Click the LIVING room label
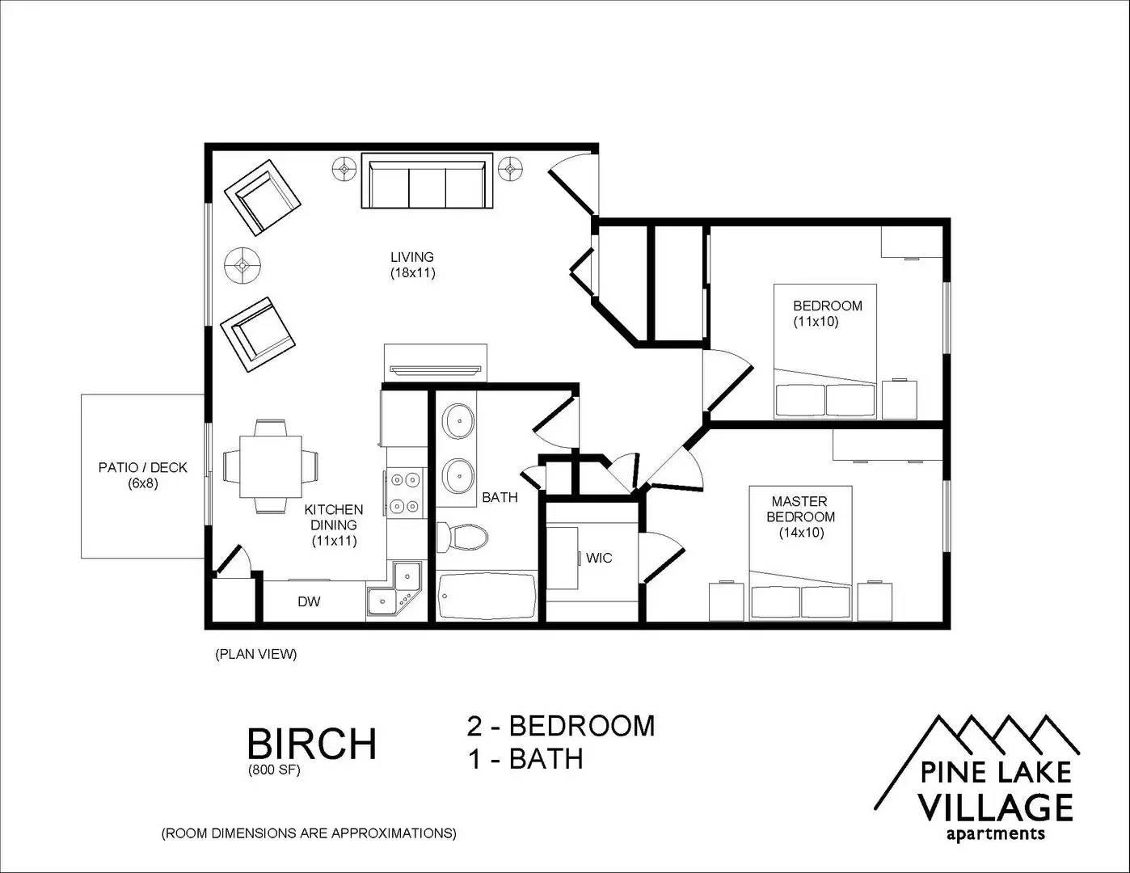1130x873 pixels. click(x=412, y=257)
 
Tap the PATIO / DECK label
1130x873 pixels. click(x=142, y=467)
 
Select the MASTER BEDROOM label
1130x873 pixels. click(x=800, y=509)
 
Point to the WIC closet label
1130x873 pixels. click(x=598, y=558)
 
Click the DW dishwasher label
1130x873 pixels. click(x=309, y=601)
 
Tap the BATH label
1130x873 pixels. click(x=500, y=498)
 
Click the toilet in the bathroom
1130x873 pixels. click(x=462, y=538)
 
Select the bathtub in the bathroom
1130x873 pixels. click(x=487, y=596)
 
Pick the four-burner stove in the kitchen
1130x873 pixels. click(x=405, y=492)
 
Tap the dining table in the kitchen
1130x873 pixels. click(x=271, y=466)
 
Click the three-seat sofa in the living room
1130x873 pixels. click(x=427, y=181)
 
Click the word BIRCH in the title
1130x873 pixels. click(x=311, y=744)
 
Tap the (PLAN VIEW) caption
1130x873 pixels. click(x=256, y=654)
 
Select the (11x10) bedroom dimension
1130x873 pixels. click(x=816, y=322)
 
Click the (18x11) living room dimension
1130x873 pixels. click(x=412, y=273)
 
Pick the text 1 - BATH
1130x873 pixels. click(x=525, y=759)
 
